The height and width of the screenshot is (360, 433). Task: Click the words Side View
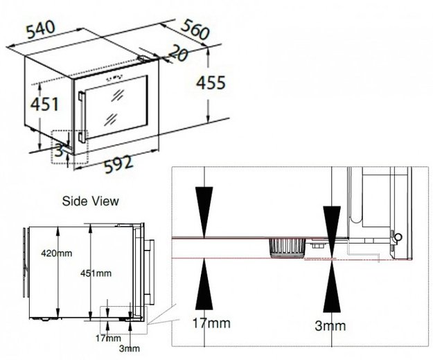[91, 201]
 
